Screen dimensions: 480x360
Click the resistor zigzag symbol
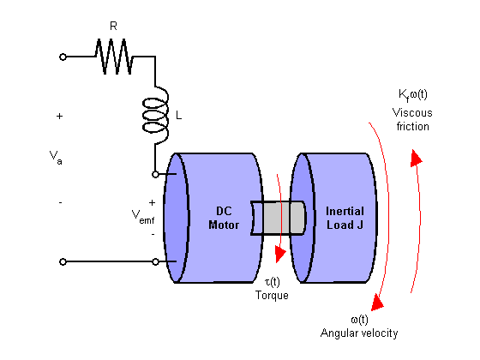point(114,57)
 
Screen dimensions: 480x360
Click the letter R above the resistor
point(113,27)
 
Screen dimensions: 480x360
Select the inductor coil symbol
point(155,115)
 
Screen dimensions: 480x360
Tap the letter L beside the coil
point(178,116)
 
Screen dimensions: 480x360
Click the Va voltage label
point(56,158)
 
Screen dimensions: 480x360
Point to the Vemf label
point(143,217)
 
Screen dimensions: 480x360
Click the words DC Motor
point(224,218)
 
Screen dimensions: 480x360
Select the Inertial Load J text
point(345,218)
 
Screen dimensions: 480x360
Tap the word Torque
point(272,296)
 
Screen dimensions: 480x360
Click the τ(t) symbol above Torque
point(273,282)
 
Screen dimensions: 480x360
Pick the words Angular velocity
point(359,333)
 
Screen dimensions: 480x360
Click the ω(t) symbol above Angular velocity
point(359,320)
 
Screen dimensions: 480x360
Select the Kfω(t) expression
point(412,95)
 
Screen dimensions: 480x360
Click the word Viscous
point(412,112)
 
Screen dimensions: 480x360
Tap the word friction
point(412,127)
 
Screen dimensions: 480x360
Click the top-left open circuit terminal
point(63,57)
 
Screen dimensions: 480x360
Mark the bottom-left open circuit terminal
point(63,261)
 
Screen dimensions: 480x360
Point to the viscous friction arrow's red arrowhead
point(416,158)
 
